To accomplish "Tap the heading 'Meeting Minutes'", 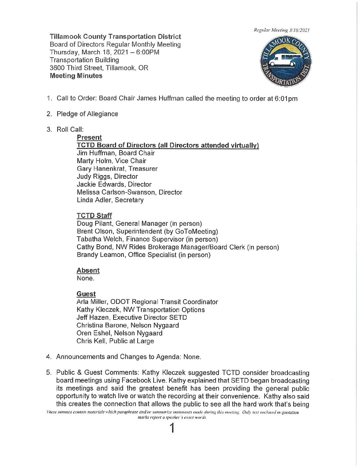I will (x=76, y=76).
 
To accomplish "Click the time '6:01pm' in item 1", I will (x=286, y=99).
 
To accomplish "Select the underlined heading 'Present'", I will (x=89, y=137).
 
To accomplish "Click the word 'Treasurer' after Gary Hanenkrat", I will (x=143, y=169).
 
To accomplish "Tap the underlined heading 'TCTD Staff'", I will (x=94, y=216).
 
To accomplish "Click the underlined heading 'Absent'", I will (x=88, y=270).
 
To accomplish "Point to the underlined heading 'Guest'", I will (x=86, y=294).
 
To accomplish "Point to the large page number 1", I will (x=172, y=428).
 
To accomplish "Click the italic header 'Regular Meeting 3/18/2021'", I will (x=282, y=30).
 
